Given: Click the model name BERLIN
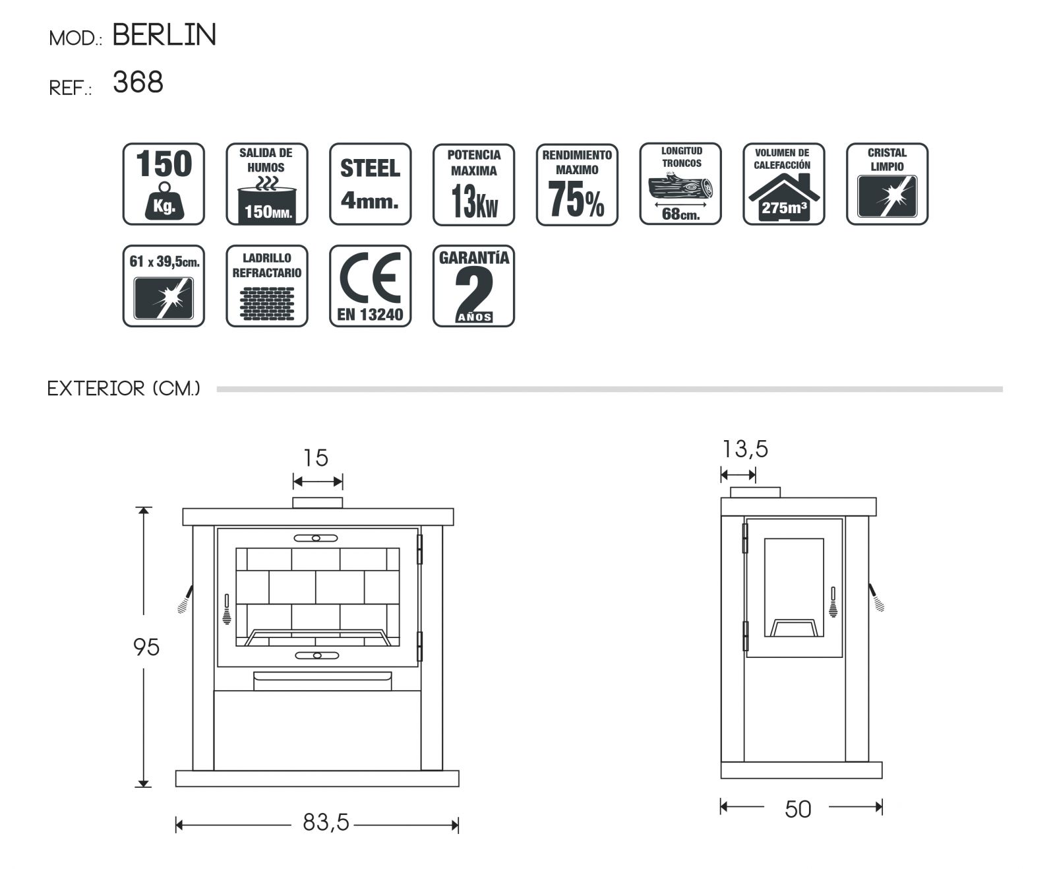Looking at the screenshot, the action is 164,34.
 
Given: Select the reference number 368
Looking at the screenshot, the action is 138,82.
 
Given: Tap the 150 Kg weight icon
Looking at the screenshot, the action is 164,183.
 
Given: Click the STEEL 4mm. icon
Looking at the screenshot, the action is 370,183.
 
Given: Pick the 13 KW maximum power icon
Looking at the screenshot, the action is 473,184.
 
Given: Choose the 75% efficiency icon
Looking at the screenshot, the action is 577,184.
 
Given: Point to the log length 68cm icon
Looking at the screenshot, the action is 680,183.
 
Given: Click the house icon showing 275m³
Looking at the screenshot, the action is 784,183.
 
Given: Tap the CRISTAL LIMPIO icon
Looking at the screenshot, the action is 888,183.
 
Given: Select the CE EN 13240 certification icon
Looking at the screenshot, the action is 370,286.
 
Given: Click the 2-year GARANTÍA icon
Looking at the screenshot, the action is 473,286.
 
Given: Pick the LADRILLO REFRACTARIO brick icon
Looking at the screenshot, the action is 267,286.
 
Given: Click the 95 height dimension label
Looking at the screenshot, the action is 146,647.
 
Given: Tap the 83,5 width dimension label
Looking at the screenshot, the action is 326,822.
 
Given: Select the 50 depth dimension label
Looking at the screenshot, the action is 798,810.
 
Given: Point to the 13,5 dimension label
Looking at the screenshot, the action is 745,449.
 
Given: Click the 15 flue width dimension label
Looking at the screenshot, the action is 316,458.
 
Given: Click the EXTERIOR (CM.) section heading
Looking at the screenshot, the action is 123,389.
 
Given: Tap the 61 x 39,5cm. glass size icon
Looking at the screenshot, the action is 164,286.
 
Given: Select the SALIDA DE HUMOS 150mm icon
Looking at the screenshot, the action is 267,183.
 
